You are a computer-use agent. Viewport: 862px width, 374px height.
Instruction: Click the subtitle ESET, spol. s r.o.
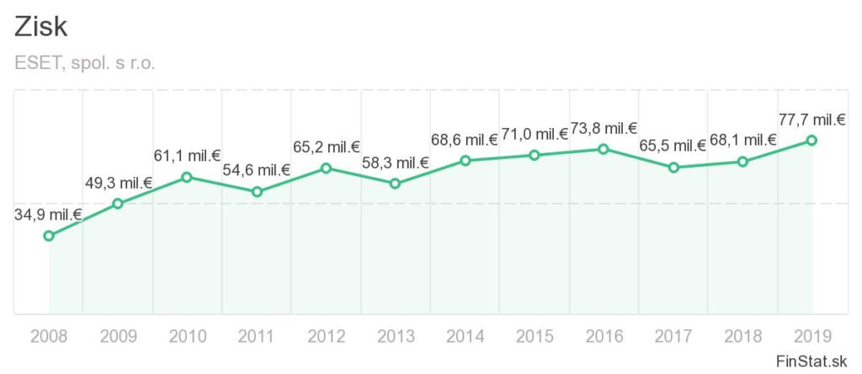[85, 63]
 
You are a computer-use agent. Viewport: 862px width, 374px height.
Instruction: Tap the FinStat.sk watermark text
[811, 361]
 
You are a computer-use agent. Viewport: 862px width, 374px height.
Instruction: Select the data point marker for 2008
[49, 236]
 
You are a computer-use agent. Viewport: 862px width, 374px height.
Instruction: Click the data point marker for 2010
[187, 177]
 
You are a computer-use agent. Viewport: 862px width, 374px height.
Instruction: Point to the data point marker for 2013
[395, 183]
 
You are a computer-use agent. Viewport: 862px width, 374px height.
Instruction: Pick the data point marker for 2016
[604, 149]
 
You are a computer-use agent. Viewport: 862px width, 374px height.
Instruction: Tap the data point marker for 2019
[811, 140]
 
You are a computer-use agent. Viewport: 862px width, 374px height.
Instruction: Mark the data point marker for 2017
[673, 168]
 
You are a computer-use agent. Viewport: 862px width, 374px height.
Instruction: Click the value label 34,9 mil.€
[48, 215]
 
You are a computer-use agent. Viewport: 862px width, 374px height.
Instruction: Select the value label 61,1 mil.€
[187, 156]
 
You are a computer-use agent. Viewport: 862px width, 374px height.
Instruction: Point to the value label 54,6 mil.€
[256, 171]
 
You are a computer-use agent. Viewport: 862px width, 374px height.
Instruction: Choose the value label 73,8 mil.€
[604, 128]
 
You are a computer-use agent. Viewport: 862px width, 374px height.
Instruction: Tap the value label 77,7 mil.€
[811, 120]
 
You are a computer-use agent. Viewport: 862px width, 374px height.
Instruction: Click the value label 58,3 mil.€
[395, 163]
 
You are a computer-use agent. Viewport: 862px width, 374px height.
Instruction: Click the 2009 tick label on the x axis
[118, 337]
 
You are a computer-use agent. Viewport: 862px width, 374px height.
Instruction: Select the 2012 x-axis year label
[326, 337]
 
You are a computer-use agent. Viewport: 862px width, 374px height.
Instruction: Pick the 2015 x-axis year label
[534, 337]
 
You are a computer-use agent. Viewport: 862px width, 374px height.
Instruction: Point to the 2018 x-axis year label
[742, 337]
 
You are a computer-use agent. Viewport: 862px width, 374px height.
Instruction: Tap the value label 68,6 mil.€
[465, 139]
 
